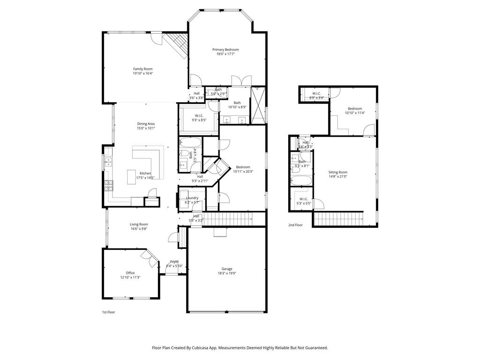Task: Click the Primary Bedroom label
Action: tap(225, 50)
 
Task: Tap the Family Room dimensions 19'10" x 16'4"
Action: tap(142, 74)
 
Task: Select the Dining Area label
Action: tap(146, 124)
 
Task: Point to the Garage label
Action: tap(227, 269)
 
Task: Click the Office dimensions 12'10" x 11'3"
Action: tap(130, 277)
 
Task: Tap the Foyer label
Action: tap(174, 262)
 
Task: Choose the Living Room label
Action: tap(139, 224)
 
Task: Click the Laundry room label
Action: tap(192, 198)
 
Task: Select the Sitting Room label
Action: tap(337, 172)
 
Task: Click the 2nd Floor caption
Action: tap(295, 225)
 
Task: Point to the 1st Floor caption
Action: tap(108, 312)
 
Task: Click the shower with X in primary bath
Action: tap(258, 105)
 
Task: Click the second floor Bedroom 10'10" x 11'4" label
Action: tap(354, 109)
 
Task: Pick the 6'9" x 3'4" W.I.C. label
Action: tap(317, 94)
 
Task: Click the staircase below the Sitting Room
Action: tap(338, 218)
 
